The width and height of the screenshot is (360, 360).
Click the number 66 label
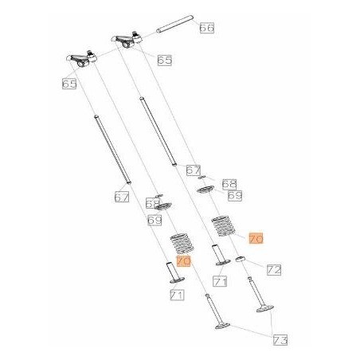click(x=206, y=28)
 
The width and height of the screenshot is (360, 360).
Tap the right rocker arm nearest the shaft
click(x=129, y=37)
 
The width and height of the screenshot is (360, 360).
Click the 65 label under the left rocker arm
click(x=68, y=82)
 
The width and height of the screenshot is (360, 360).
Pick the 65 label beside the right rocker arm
click(x=165, y=60)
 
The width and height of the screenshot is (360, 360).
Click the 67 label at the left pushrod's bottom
click(x=121, y=197)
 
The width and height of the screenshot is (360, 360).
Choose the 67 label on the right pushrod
click(x=193, y=170)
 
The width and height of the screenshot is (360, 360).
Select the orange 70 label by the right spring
click(x=256, y=238)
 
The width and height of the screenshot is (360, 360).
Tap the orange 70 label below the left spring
click(x=183, y=260)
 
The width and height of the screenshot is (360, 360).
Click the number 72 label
click(x=273, y=270)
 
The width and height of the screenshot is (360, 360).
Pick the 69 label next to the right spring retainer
click(x=233, y=195)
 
